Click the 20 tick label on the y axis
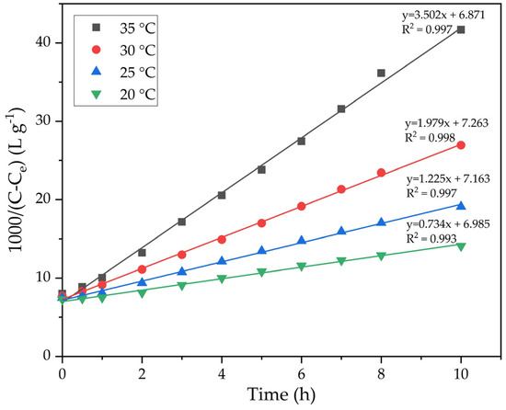click(x=41, y=199)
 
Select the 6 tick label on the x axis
click(x=301, y=372)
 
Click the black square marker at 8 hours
click(x=381, y=73)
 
